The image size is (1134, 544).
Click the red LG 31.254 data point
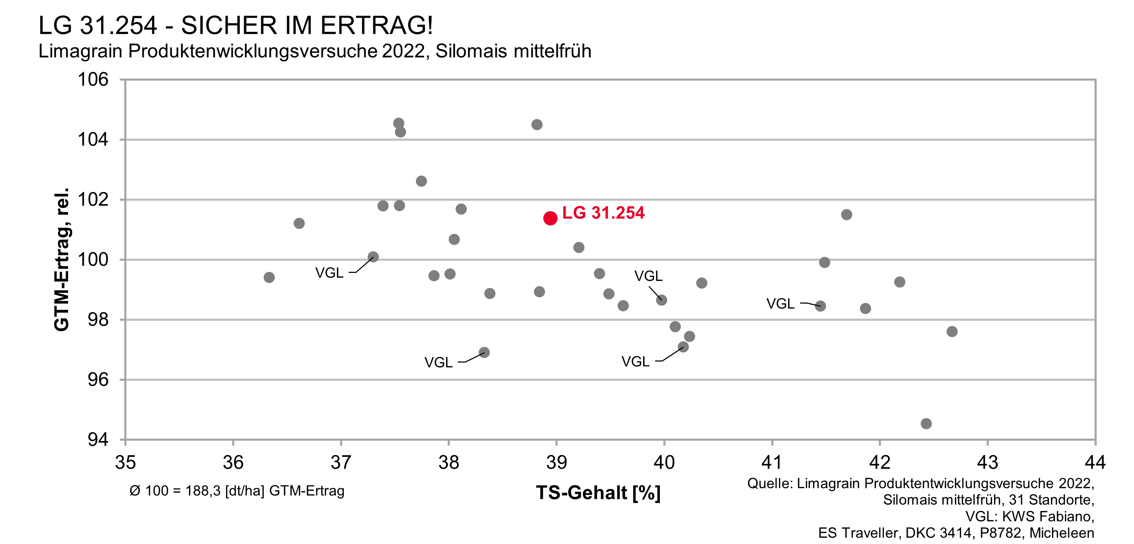pos(550,218)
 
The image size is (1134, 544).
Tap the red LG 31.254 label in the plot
pos(603,213)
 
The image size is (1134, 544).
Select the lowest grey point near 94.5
pos(926,423)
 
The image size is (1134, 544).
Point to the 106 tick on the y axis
pos(93,80)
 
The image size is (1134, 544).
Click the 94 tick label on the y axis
pos(98,439)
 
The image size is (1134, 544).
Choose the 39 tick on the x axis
pos(557,462)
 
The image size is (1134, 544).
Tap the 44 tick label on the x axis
pos(1095,462)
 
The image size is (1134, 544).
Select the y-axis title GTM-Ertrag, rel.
pos(62,260)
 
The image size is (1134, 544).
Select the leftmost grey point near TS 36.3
pos(269,277)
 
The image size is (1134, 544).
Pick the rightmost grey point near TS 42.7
pos(952,331)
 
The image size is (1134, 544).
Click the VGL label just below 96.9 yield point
pos(439,362)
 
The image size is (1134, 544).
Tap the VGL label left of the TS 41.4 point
pos(780,303)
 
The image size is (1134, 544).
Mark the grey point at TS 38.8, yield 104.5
pos(537,125)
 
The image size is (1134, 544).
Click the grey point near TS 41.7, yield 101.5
pos(846,214)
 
